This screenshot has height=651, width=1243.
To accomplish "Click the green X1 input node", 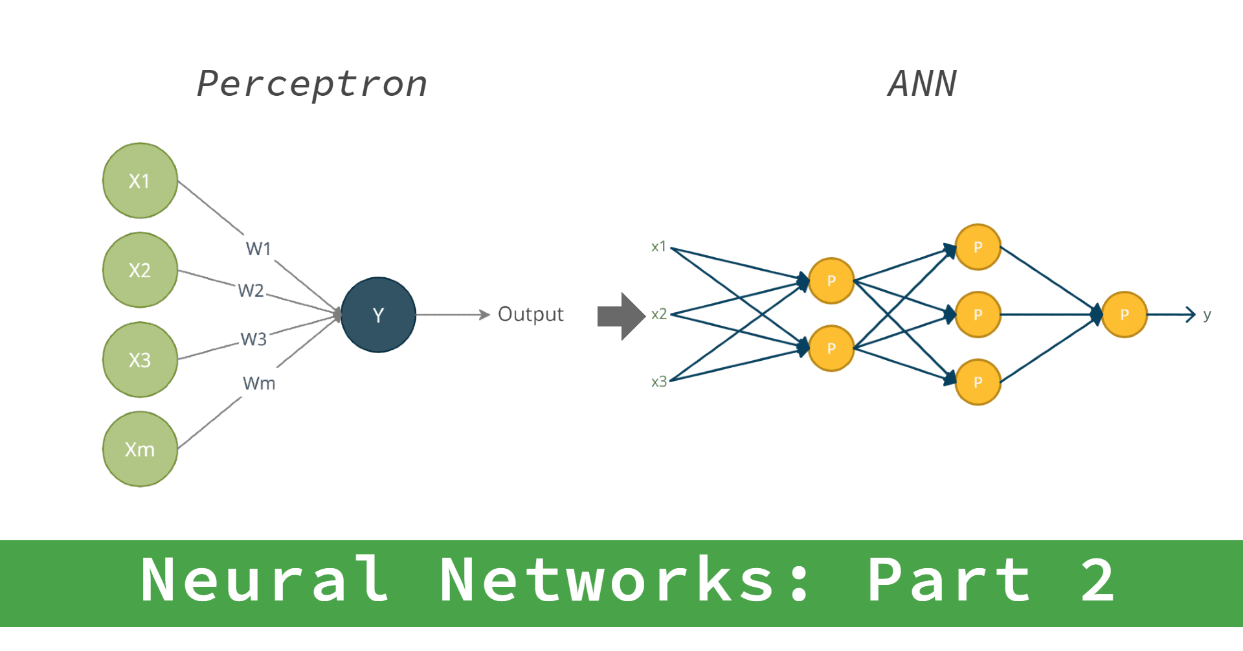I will point(140,181).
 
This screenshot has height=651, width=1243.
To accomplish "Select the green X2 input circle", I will point(140,270).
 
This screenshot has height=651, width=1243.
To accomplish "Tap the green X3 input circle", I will point(140,360).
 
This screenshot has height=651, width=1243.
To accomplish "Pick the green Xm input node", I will point(140,449).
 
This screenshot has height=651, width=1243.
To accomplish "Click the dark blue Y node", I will point(378,315).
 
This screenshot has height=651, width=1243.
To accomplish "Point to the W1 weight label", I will point(258,249).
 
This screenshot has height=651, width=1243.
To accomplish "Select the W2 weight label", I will point(251,290).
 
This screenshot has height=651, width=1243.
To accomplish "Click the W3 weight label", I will point(253,339).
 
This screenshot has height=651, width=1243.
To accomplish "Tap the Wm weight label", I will point(259,383).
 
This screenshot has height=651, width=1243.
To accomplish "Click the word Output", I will point(530,314).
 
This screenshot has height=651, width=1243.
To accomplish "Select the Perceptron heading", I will point(311,84).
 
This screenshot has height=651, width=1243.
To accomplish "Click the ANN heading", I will point(922,84).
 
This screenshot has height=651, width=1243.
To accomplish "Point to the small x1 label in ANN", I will point(658,247).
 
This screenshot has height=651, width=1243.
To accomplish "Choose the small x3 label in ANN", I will point(658,382).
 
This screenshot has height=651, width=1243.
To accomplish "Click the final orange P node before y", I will point(1125,315).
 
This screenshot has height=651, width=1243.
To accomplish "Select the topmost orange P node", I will point(978,247).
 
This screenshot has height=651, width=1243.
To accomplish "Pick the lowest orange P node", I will point(978,382).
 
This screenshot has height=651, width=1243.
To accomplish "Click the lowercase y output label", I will point(1207,315).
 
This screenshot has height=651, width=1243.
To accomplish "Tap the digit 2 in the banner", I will point(1097,580).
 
